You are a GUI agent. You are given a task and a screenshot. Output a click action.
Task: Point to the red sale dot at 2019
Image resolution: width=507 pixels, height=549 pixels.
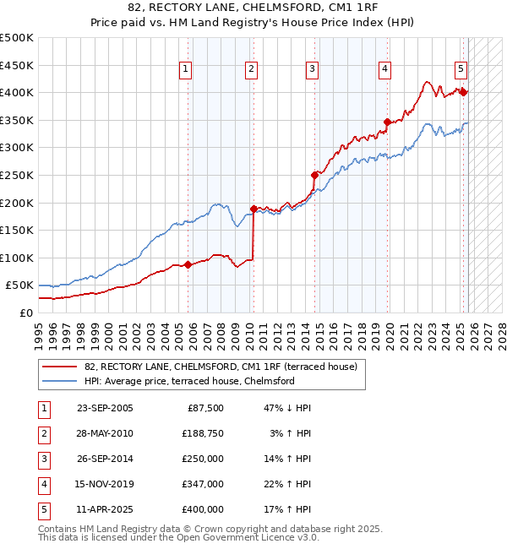pos(387,122)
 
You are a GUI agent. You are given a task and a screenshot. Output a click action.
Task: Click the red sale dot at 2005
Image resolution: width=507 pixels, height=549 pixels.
pos(188,264)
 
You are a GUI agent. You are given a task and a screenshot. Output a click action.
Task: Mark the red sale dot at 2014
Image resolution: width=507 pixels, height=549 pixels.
pos(315,175)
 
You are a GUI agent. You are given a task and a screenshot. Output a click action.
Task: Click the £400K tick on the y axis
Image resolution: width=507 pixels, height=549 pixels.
pos(17,93)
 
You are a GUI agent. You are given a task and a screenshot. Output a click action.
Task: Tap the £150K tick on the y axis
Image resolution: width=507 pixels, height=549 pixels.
pos(17,230)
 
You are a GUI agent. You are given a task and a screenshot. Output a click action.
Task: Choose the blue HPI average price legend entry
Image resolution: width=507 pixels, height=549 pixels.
pos(188,381)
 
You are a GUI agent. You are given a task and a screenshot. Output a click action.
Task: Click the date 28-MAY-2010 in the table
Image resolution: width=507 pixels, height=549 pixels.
pos(105,432)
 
